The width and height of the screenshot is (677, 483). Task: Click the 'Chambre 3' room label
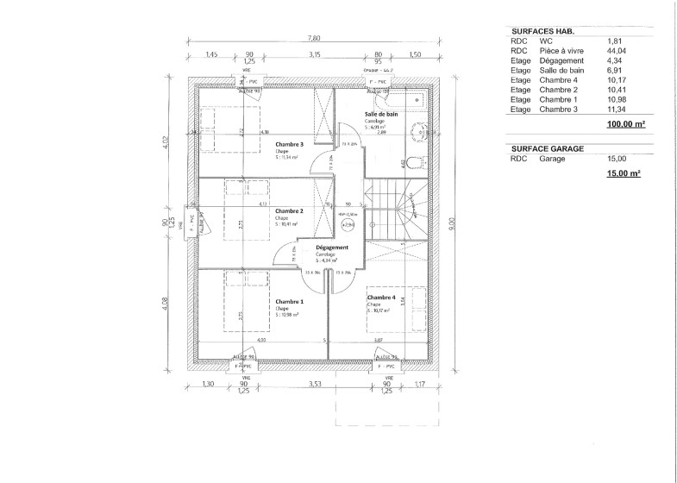[289, 144]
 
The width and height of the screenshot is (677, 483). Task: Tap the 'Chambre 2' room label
[288, 210]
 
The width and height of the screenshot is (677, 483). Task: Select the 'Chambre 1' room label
[289, 301]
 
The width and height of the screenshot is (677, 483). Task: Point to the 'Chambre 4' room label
[381, 297]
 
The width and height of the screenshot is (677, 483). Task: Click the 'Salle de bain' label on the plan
[381, 114]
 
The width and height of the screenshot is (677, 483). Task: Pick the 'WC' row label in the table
[545, 41]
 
